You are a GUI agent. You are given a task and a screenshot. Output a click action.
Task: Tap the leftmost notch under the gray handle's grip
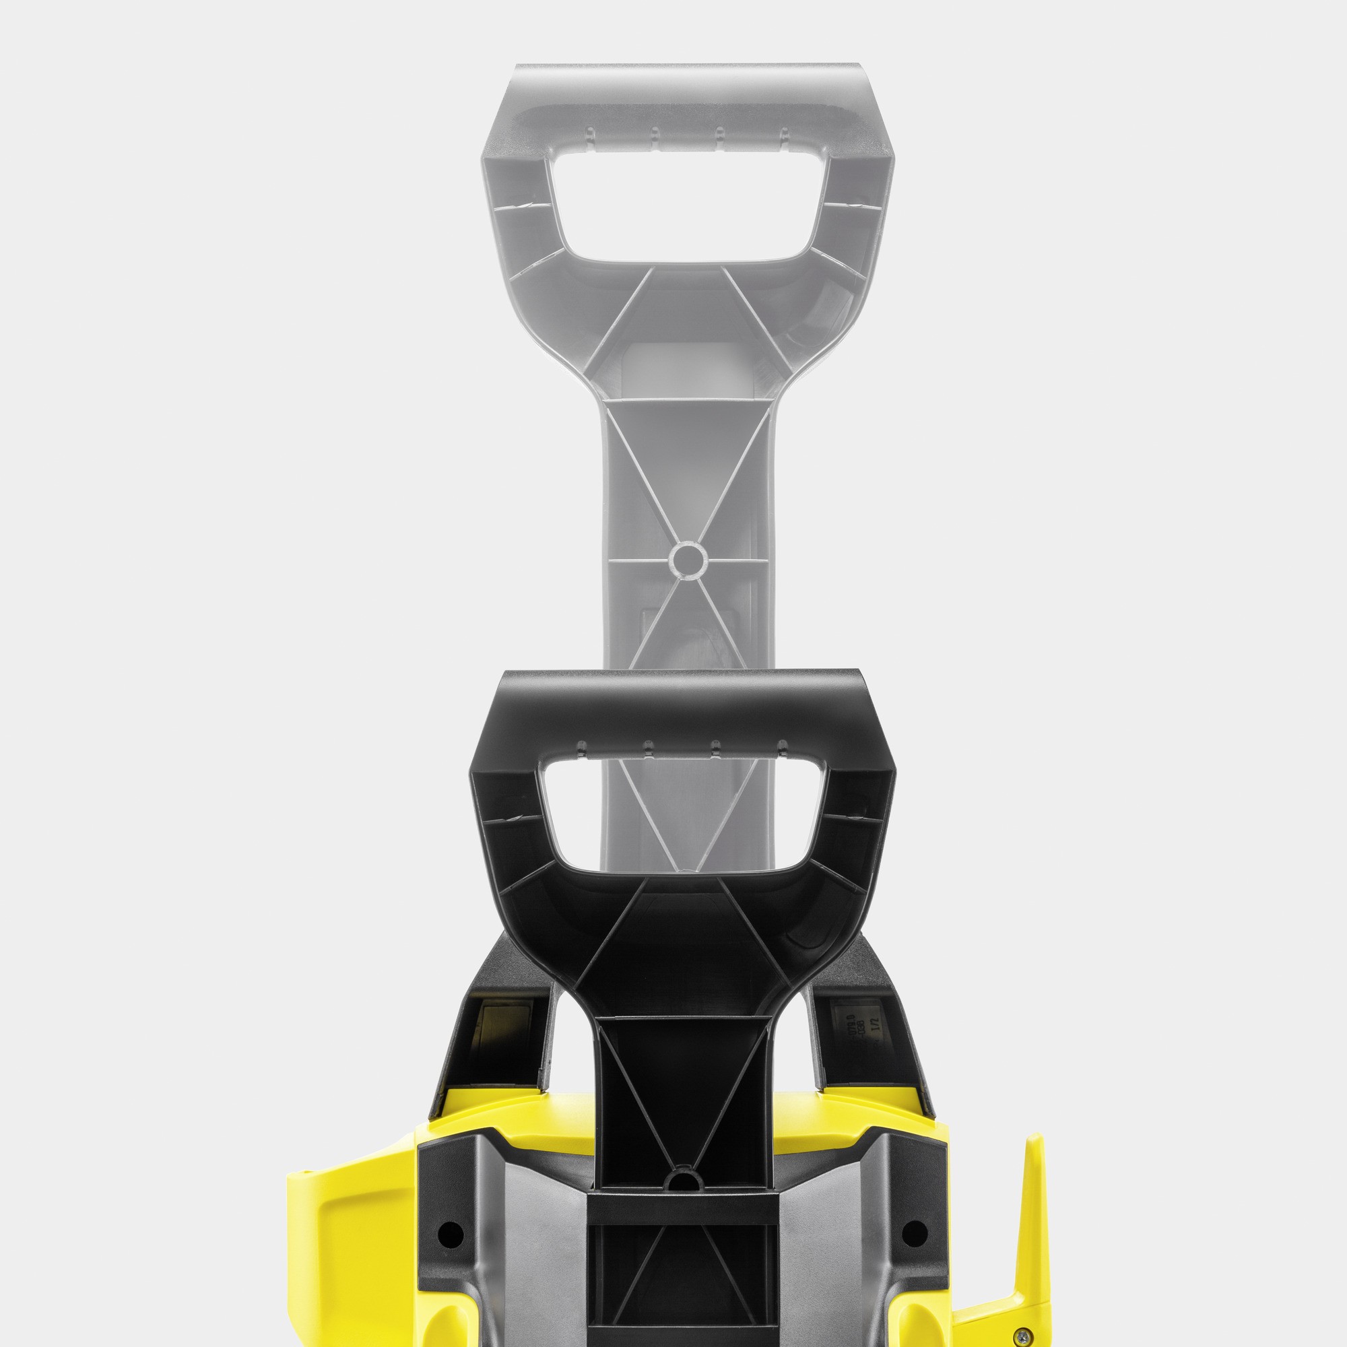point(589,134)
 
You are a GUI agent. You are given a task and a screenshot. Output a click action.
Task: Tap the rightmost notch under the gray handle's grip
point(784,134)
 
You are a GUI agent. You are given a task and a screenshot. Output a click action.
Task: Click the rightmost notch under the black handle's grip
point(781,748)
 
